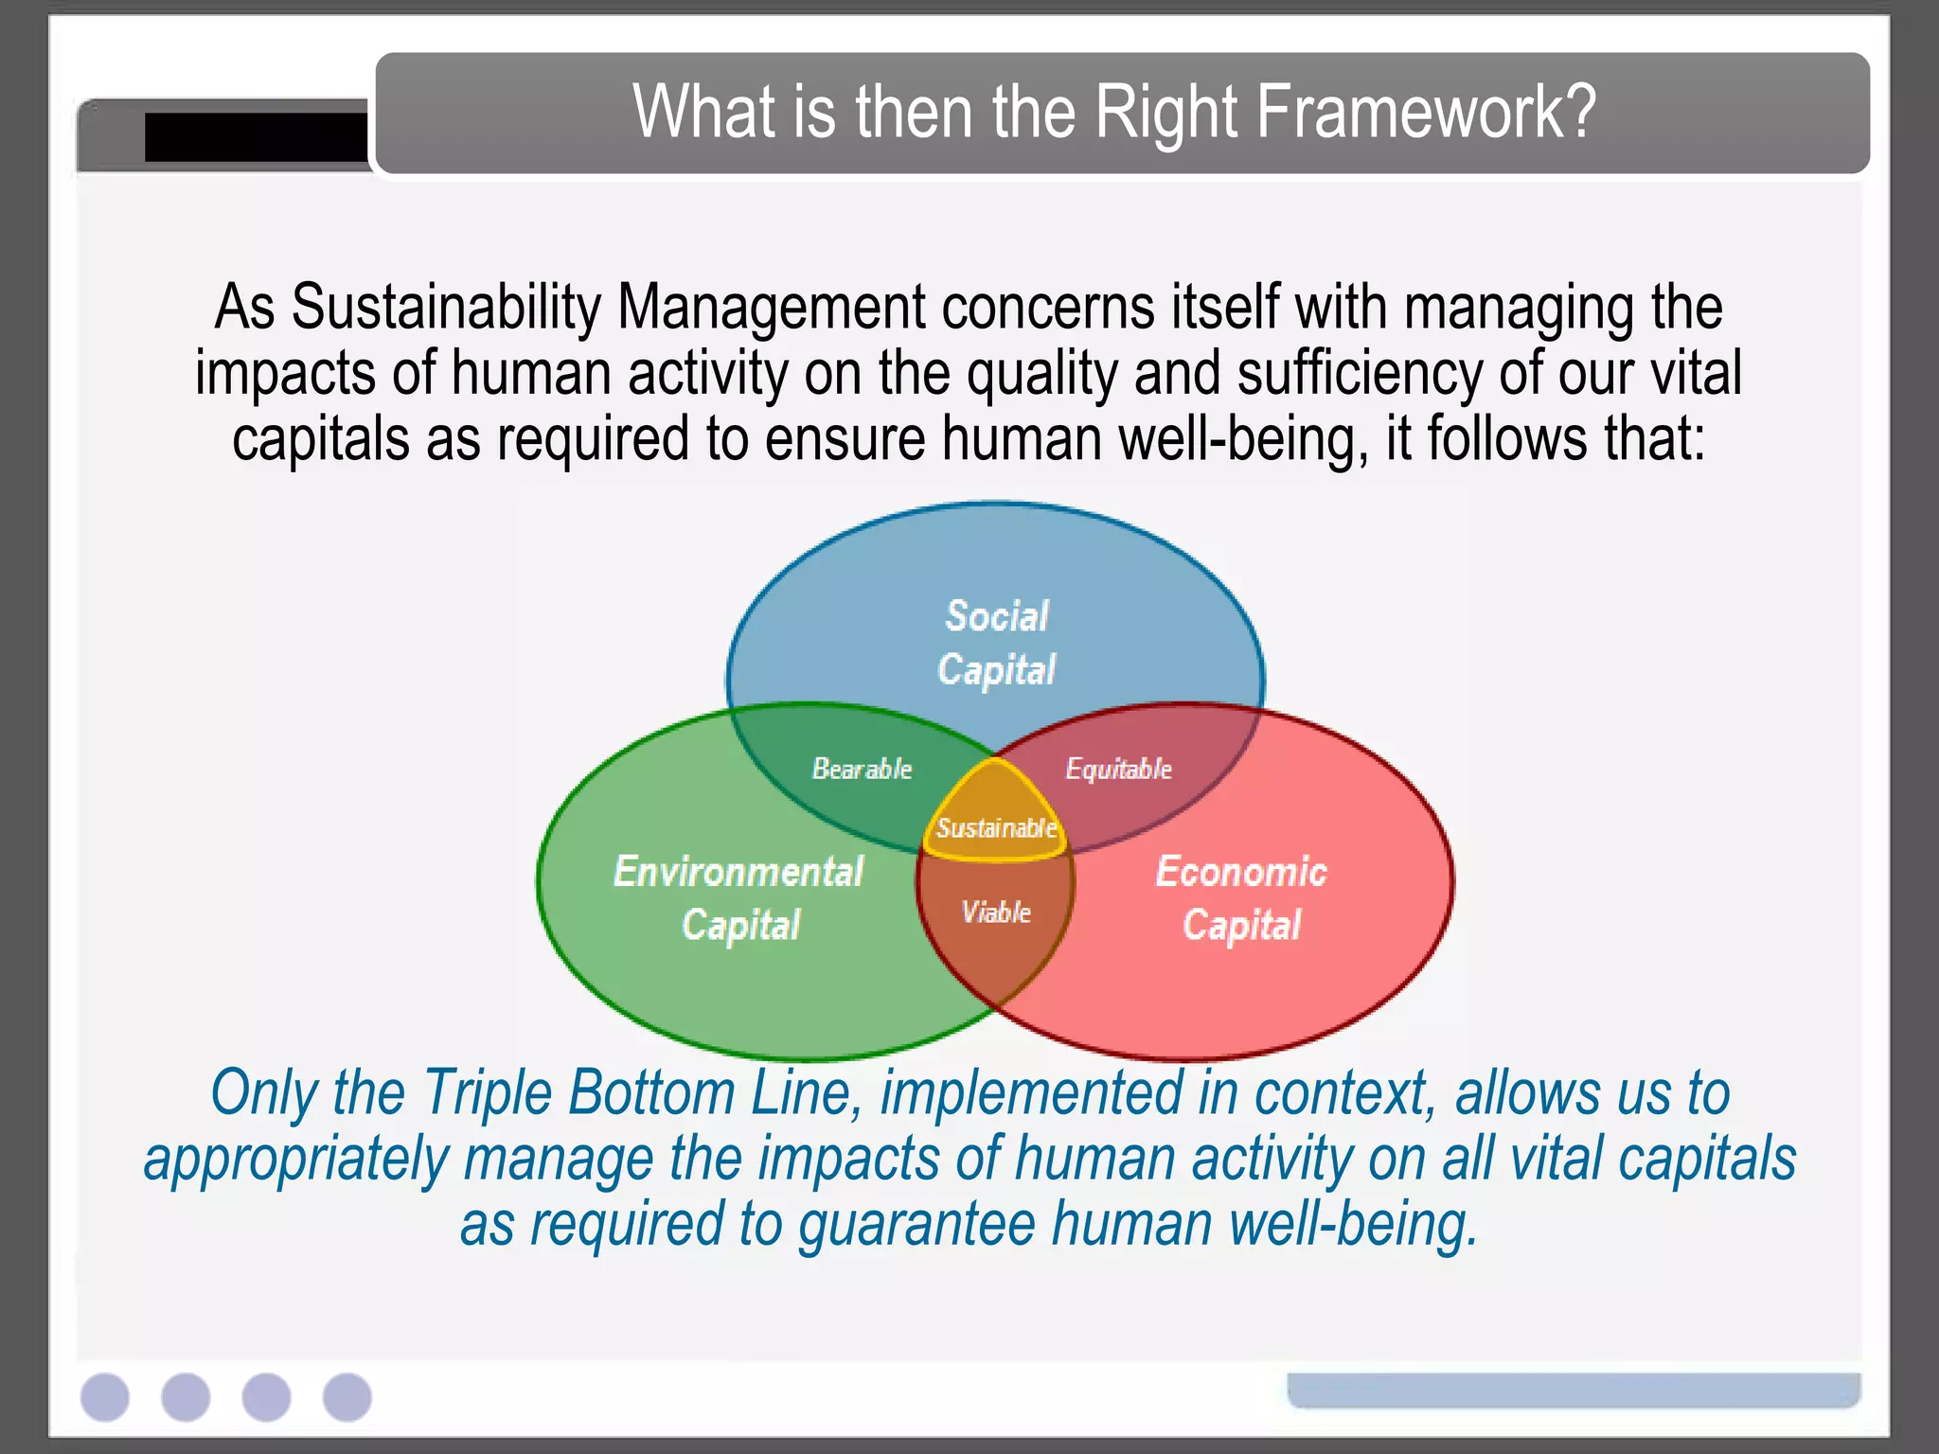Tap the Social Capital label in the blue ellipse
996,643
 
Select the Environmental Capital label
738,897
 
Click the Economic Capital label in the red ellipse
1241,897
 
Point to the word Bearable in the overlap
862,769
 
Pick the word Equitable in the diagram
1118,769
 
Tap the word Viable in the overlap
996,913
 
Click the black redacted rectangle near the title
256,137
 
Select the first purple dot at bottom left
105,1397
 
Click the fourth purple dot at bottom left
347,1397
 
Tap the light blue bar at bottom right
1574,1391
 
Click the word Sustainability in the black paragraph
446,308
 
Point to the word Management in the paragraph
771,308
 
